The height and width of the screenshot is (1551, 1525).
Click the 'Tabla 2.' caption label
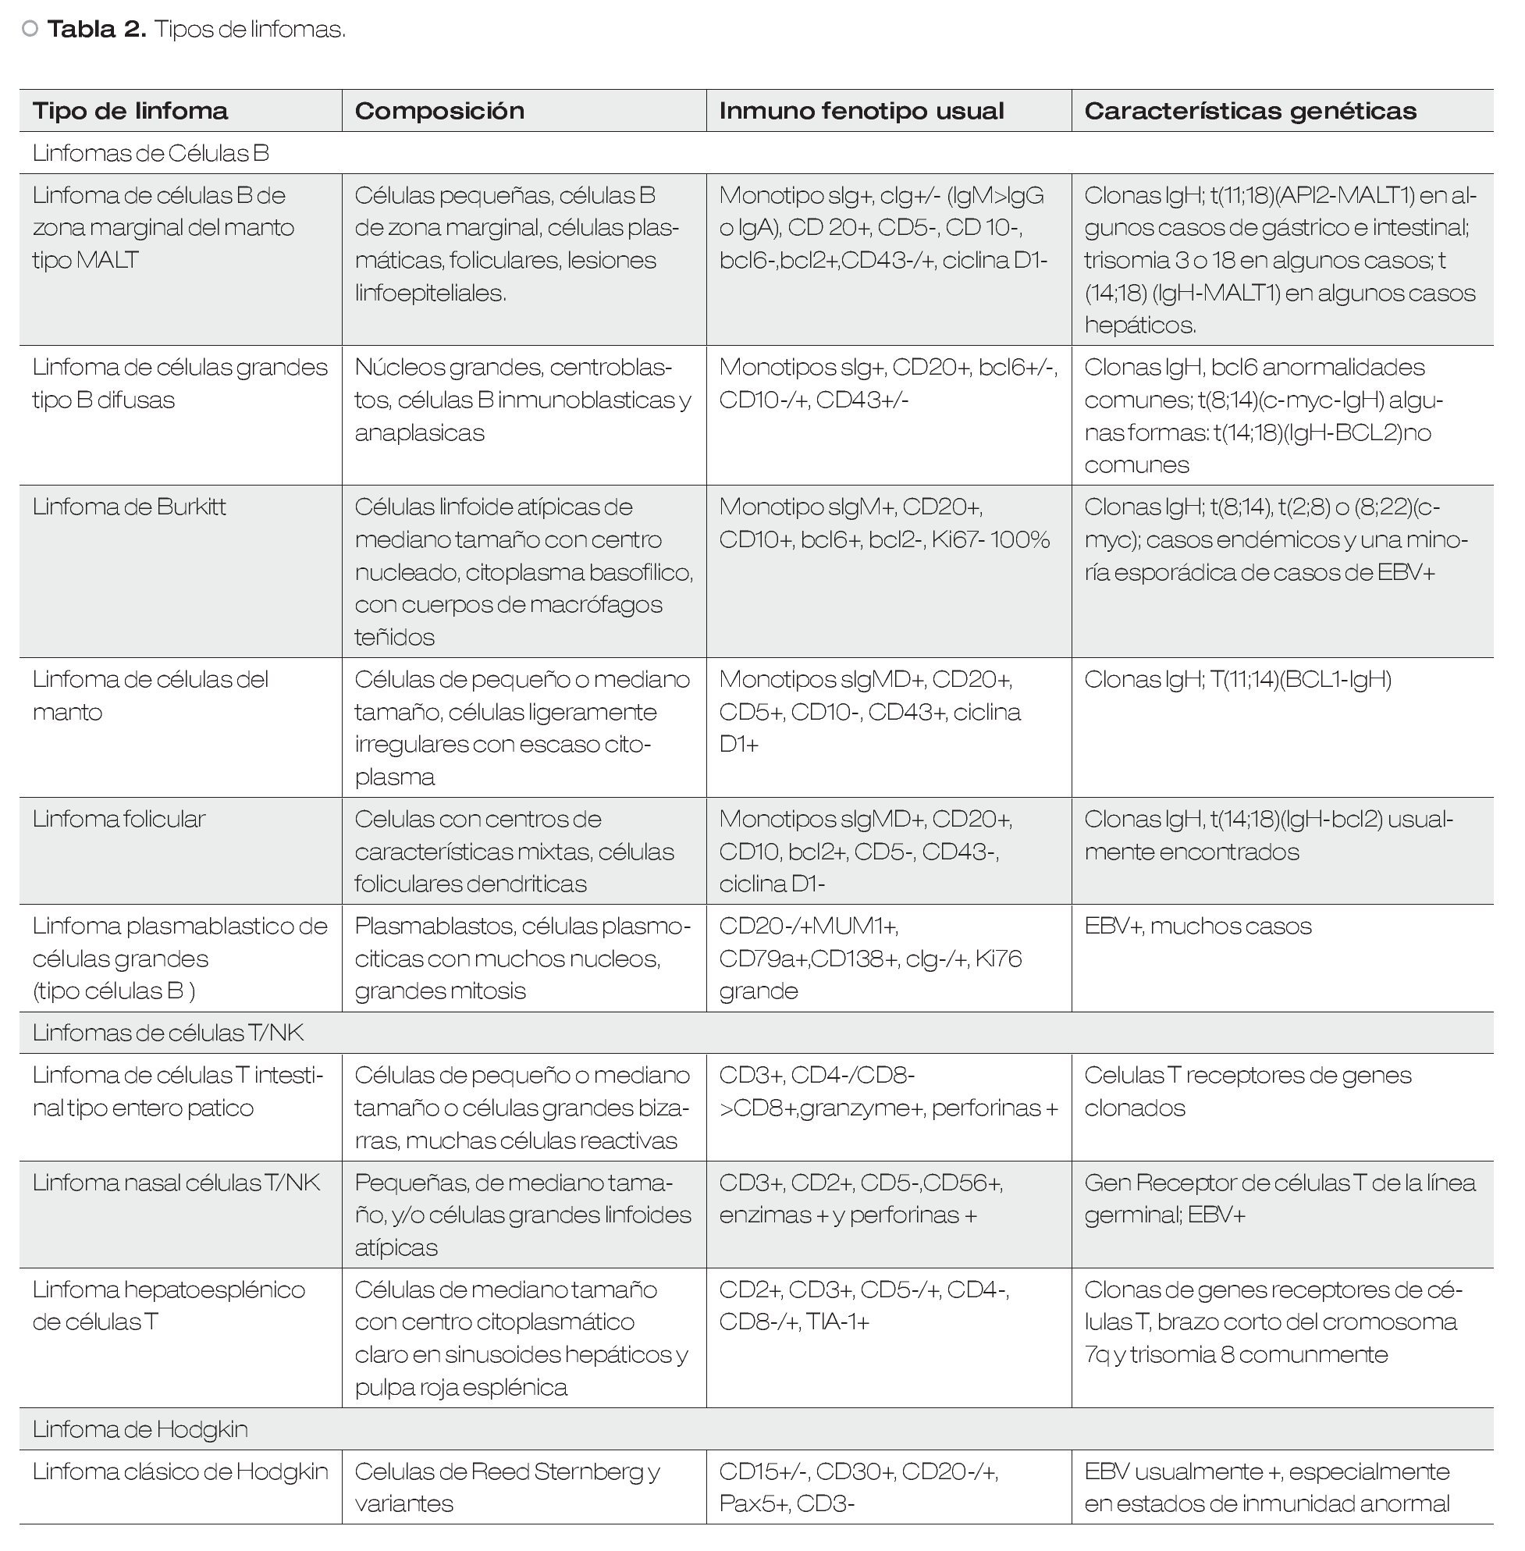(x=97, y=30)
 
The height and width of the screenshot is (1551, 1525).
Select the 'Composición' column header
(x=439, y=111)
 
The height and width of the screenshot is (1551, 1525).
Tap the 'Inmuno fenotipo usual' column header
(x=861, y=111)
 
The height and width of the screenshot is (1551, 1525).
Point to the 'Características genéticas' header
(x=1250, y=111)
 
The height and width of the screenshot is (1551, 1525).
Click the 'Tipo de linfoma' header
(x=130, y=111)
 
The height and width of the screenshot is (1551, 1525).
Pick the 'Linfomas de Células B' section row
(x=151, y=153)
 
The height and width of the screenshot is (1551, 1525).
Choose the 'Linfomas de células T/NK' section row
(x=169, y=1033)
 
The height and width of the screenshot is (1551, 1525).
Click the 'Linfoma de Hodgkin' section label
(x=140, y=1429)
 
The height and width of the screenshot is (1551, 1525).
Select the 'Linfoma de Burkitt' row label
(x=129, y=507)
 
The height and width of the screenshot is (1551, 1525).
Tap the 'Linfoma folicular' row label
(x=119, y=819)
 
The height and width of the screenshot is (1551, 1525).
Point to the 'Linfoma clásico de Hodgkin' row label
(x=180, y=1471)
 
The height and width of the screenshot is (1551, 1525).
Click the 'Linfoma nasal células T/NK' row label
(x=176, y=1183)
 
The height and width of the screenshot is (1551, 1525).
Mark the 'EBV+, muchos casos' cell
(x=1197, y=926)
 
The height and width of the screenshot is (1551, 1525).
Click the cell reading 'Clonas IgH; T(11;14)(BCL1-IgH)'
(x=1238, y=679)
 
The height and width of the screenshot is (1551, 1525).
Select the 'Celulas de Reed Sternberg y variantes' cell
(x=507, y=1487)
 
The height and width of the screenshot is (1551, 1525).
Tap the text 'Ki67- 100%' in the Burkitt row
(x=990, y=540)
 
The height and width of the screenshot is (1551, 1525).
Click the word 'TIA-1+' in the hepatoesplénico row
(x=837, y=1322)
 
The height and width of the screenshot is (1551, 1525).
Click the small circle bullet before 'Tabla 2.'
(x=30, y=30)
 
